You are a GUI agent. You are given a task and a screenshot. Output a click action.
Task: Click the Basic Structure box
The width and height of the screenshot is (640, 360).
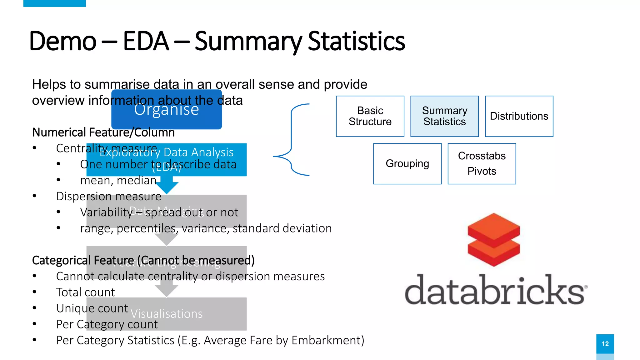click(370, 116)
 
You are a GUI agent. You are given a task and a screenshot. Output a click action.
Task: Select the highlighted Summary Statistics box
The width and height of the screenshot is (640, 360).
click(444, 116)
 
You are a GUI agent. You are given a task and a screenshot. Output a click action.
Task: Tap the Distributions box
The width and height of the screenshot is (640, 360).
click(519, 116)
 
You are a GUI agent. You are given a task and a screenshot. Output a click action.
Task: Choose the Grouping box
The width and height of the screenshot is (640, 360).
click(407, 164)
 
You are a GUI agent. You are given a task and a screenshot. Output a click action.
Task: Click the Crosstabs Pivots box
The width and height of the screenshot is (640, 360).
click(482, 164)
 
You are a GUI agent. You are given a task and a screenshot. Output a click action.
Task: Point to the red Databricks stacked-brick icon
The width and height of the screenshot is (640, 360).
click(493, 240)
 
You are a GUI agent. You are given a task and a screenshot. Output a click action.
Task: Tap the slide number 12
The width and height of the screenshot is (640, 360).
click(605, 344)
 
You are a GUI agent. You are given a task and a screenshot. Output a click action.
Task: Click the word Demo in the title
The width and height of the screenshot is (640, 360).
click(62, 41)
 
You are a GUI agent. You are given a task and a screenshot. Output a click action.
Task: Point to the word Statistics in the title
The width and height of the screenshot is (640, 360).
click(356, 41)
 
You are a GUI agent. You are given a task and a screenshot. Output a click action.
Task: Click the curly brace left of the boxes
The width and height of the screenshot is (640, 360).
click(291, 140)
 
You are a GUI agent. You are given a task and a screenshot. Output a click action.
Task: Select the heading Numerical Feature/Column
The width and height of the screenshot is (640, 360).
click(103, 132)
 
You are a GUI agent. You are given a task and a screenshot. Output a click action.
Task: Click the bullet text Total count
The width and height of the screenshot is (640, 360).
click(85, 292)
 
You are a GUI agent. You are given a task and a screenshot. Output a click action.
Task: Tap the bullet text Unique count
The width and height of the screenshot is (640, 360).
click(92, 308)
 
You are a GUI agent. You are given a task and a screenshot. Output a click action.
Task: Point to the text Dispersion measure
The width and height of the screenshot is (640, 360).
click(108, 197)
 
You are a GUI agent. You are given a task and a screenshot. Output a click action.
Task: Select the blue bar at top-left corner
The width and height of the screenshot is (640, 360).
click(54, 3)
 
